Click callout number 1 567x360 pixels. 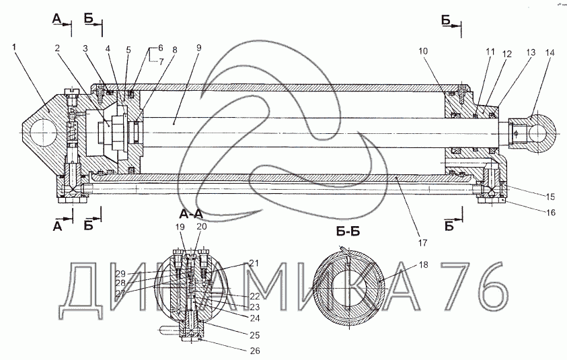click(15, 47)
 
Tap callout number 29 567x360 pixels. click(120, 273)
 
